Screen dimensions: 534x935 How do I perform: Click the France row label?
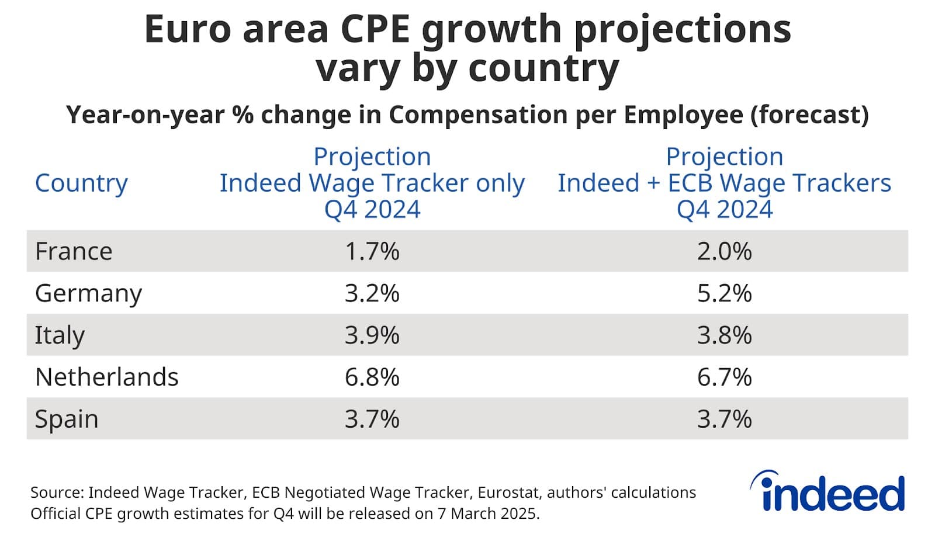pos(74,251)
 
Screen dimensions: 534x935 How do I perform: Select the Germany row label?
pos(88,293)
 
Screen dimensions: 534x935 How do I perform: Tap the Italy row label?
pos(60,335)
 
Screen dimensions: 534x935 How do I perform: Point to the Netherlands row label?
pos(106,377)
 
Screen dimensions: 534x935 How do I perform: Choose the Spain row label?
pos(67,419)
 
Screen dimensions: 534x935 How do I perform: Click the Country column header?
pos(81,183)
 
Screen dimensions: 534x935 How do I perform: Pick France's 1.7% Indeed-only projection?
pos(372,251)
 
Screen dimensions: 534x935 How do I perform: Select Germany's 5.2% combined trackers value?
pos(724,293)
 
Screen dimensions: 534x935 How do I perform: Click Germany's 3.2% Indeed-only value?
pos(372,293)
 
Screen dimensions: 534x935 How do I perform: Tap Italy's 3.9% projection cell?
pos(372,335)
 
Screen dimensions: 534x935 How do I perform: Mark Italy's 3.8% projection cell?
pos(724,335)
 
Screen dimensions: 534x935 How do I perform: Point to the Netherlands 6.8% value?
pos(372,377)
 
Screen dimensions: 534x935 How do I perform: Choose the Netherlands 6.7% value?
pos(724,377)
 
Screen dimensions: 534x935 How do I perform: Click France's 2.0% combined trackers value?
pos(724,251)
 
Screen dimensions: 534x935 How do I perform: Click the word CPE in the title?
pos(375,29)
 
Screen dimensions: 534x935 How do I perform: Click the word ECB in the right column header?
pos(690,183)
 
